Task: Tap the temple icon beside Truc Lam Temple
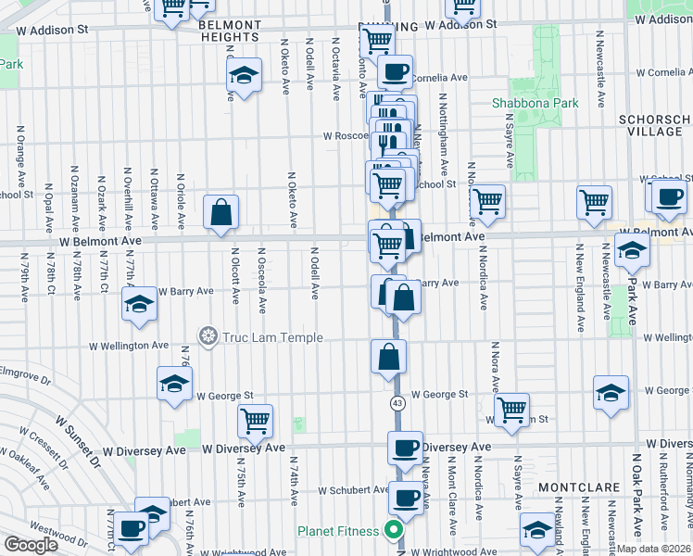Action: coord(208,335)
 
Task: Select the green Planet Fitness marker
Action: coord(393,531)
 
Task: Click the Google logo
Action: coord(31,545)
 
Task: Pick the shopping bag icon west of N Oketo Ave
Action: coord(222,212)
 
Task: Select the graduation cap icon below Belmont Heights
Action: coord(243,77)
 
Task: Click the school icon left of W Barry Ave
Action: coord(139,304)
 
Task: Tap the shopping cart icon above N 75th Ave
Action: coord(255,421)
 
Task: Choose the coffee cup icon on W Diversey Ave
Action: coord(405,449)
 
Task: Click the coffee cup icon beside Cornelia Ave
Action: coord(395,70)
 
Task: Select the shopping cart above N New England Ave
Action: coord(594,202)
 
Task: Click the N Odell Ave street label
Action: coord(314,272)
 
